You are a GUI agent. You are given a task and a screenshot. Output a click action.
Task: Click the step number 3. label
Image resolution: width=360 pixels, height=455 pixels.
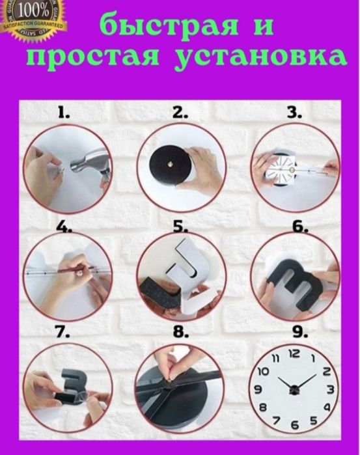294,113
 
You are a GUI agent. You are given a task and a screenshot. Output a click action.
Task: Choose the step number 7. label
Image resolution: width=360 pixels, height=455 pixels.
62,332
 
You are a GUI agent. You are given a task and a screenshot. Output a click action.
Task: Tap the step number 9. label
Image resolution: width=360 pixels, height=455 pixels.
299,332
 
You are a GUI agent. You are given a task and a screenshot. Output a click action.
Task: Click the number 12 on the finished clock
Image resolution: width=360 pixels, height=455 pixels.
294,353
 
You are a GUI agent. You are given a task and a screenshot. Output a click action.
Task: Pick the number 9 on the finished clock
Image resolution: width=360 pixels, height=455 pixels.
258,389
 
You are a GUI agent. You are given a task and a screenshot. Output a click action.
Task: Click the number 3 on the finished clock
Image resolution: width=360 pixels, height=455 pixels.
331,389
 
